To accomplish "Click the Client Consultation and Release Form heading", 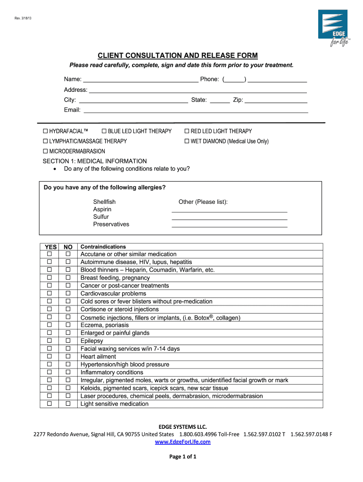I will (x=181, y=56).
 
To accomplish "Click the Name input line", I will (x=140, y=80).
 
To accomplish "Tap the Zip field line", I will (x=276, y=100).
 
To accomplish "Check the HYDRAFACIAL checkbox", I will (x=46, y=131).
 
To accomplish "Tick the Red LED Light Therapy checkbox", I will (x=187, y=131).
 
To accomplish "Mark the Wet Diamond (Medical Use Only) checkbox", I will (x=187, y=141).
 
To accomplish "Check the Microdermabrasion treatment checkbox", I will (x=46, y=151).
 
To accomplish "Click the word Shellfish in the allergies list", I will (x=104, y=202).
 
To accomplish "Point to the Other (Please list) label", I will (x=203, y=202).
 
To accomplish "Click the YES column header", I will (x=50, y=247).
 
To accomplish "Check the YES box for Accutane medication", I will (x=49, y=254).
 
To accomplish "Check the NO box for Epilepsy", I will (x=68, y=341).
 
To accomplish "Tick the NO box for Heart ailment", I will (x=68, y=357).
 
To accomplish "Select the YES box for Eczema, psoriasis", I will (x=49, y=325).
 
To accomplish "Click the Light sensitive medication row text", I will (x=115, y=404).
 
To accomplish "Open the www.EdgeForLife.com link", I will (x=182, y=442).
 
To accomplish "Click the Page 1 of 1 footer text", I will (x=182, y=457).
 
